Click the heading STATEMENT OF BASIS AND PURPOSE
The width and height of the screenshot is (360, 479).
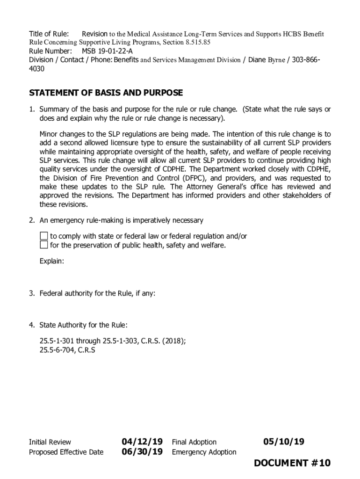(106, 93)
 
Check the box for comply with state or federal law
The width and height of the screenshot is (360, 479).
(44, 236)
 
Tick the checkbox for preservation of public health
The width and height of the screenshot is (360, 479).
(44, 245)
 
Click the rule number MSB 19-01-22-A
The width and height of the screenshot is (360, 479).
(107, 51)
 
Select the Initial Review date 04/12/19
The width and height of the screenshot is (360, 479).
(142, 442)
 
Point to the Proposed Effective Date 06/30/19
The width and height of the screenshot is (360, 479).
(142, 451)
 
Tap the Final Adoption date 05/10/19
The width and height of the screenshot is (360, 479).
(283, 442)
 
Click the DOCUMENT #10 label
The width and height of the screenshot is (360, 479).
(292, 463)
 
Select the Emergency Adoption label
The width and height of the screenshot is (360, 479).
(204, 452)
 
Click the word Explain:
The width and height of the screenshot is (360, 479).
(51, 261)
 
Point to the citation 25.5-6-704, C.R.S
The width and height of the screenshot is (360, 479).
(67, 349)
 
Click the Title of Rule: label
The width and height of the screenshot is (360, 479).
(49, 34)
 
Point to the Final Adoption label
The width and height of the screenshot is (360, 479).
(194, 442)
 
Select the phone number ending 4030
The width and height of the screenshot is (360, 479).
(37, 69)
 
